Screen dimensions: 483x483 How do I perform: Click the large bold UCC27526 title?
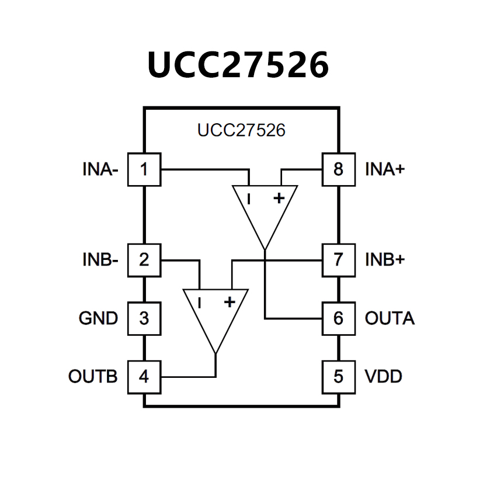click(x=238, y=65)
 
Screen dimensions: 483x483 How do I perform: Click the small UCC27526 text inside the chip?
click(x=241, y=130)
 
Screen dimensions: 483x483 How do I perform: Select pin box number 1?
click(x=144, y=170)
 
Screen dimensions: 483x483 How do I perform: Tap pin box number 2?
click(x=144, y=259)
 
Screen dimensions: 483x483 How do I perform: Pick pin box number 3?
click(x=144, y=319)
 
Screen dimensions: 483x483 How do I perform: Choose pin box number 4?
click(x=144, y=377)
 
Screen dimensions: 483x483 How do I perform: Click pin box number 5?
click(x=339, y=377)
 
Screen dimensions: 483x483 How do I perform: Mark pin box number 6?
click(x=339, y=319)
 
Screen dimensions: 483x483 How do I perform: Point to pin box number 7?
click(x=339, y=259)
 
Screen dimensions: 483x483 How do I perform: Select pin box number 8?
click(x=339, y=170)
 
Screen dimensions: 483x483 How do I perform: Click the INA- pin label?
click(x=100, y=170)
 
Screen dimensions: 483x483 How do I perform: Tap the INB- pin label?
click(x=100, y=259)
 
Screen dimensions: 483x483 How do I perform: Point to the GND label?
click(x=98, y=319)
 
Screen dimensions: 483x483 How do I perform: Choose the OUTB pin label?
click(x=93, y=377)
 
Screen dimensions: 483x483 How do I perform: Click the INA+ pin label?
click(x=385, y=170)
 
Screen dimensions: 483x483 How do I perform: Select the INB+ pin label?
click(x=385, y=259)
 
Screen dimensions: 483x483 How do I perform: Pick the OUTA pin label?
click(x=390, y=319)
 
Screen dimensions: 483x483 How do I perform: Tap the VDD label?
click(x=384, y=377)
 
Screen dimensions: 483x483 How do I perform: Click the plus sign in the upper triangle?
click(x=279, y=198)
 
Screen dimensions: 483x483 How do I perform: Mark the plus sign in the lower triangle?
click(x=230, y=301)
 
